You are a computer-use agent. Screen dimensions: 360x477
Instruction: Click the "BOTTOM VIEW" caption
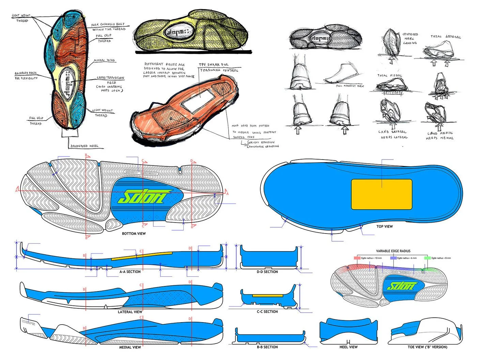click(x=134, y=234)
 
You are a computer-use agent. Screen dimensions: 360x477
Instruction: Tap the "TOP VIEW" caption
click(x=384, y=226)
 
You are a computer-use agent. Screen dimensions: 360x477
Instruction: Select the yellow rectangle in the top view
click(x=382, y=194)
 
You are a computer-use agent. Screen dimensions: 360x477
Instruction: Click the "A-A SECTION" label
click(x=130, y=272)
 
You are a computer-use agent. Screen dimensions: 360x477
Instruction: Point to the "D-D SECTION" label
click(x=267, y=272)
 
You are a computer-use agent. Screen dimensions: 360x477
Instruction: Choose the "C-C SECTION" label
click(x=267, y=312)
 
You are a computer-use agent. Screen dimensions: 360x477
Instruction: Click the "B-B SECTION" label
click(x=267, y=347)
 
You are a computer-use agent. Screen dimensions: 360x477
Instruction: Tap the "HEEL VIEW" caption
click(x=349, y=347)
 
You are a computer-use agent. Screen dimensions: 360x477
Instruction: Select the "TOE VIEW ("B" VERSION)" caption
click(x=427, y=347)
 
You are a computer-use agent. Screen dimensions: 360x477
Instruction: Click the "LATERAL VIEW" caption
click(x=130, y=312)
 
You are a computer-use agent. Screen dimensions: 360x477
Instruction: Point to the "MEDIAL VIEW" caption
click(x=130, y=347)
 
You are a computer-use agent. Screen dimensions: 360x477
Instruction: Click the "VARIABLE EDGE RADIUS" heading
click(x=393, y=251)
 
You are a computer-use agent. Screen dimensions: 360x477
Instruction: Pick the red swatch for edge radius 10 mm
click(x=357, y=258)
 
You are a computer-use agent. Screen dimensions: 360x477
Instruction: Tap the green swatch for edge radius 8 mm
click(x=427, y=258)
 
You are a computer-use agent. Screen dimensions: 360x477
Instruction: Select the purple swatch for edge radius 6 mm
click(x=393, y=258)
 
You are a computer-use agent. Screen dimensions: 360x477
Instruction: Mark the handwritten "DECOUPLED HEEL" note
click(x=84, y=146)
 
